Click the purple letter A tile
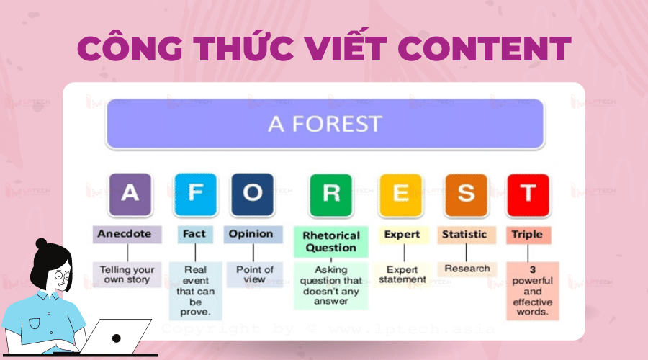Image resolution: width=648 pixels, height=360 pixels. coord(130,194)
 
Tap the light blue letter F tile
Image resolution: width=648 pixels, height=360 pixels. coord(195,194)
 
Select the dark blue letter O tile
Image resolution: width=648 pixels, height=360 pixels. coord(253,194)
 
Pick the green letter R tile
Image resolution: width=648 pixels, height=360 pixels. coord(331,195)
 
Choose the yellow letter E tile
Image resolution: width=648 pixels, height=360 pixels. coord(401,195)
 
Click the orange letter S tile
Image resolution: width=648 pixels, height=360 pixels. coord(466,195)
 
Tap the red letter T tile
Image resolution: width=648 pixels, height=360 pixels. coord(528,195)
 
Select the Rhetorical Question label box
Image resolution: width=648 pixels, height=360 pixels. coord(331,242)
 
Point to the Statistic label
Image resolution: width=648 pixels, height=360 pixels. coord(467,235)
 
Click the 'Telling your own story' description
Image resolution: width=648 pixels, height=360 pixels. coord(127,274)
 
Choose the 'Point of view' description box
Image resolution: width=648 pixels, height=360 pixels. coord(255,274)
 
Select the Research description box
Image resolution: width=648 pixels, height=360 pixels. coord(467,269)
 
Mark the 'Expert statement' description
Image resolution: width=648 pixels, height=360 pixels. coord(402,275)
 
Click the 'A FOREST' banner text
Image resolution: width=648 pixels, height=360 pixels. coord(325,124)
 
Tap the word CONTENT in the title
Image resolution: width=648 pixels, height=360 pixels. coord(485,49)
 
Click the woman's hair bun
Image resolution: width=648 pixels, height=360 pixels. coord(41,243)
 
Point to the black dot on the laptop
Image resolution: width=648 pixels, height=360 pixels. coord(117,338)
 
